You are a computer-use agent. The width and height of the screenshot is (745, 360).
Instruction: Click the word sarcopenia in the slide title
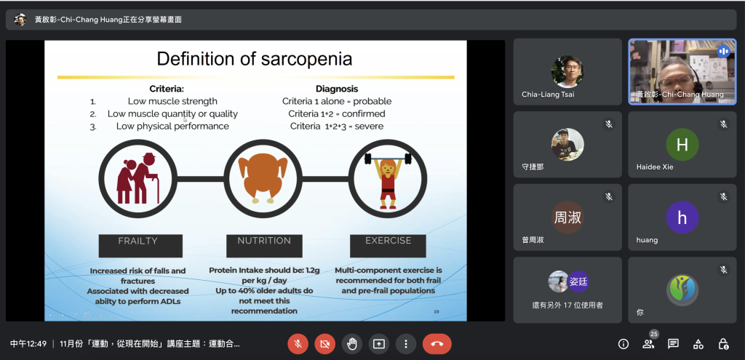[306, 59]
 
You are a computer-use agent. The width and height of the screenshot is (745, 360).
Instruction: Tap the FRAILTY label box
[140, 246]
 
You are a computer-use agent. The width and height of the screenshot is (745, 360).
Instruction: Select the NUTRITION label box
[264, 246]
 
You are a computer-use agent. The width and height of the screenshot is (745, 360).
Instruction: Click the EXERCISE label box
[389, 246]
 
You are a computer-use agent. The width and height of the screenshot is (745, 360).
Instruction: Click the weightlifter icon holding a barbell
[388, 180]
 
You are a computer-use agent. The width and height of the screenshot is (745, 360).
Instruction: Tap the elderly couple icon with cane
[138, 179]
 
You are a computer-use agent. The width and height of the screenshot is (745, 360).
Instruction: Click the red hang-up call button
[437, 344]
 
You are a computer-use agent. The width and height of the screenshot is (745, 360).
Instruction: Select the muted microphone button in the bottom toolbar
[298, 344]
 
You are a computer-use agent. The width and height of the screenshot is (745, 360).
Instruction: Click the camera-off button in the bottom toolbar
[325, 344]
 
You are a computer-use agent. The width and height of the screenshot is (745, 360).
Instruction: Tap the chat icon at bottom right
[673, 344]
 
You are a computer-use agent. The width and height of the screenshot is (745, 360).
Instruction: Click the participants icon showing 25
[648, 343]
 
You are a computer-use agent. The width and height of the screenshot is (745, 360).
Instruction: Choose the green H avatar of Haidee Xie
[682, 145]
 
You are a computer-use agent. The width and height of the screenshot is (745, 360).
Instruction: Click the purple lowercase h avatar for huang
[682, 217]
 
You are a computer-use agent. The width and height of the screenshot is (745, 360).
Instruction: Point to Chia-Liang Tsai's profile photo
[567, 72]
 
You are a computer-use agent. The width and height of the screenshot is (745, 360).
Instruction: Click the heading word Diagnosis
[337, 89]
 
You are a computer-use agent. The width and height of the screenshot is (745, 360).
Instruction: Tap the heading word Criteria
[167, 89]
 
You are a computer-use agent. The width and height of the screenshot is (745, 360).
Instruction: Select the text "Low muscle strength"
[172, 101]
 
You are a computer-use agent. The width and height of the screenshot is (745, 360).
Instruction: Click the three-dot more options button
[406, 344]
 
